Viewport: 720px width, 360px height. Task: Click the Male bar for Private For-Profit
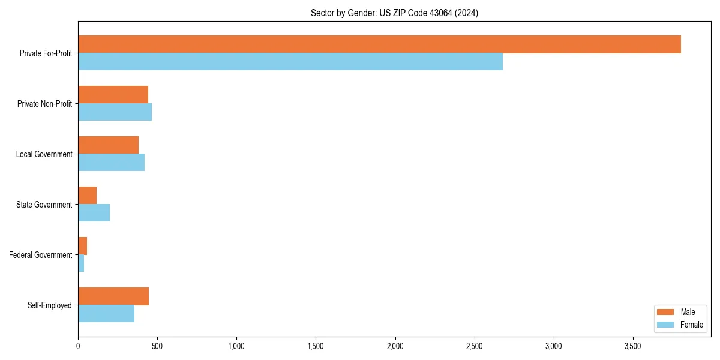(379, 44)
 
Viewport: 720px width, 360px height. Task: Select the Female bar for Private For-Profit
(290, 62)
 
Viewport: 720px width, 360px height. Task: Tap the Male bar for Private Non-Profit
(113, 95)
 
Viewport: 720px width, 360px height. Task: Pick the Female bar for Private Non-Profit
(115, 112)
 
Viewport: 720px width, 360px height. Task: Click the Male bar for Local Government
(108, 145)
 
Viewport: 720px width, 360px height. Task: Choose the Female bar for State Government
(94, 213)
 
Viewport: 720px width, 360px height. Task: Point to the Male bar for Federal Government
(82, 246)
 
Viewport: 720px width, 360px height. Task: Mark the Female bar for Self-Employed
(106, 314)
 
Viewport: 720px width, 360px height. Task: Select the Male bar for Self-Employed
(113, 296)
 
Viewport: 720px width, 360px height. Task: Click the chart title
(394, 13)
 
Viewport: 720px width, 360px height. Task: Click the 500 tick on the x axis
(157, 346)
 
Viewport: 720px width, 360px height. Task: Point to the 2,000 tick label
(395, 346)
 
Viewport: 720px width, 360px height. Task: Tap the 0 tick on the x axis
(78, 346)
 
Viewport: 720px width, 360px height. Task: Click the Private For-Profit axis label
(46, 53)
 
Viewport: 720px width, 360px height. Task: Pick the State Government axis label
(44, 205)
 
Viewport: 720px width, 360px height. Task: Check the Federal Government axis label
(41, 255)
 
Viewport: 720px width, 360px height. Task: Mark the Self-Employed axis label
(50, 305)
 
